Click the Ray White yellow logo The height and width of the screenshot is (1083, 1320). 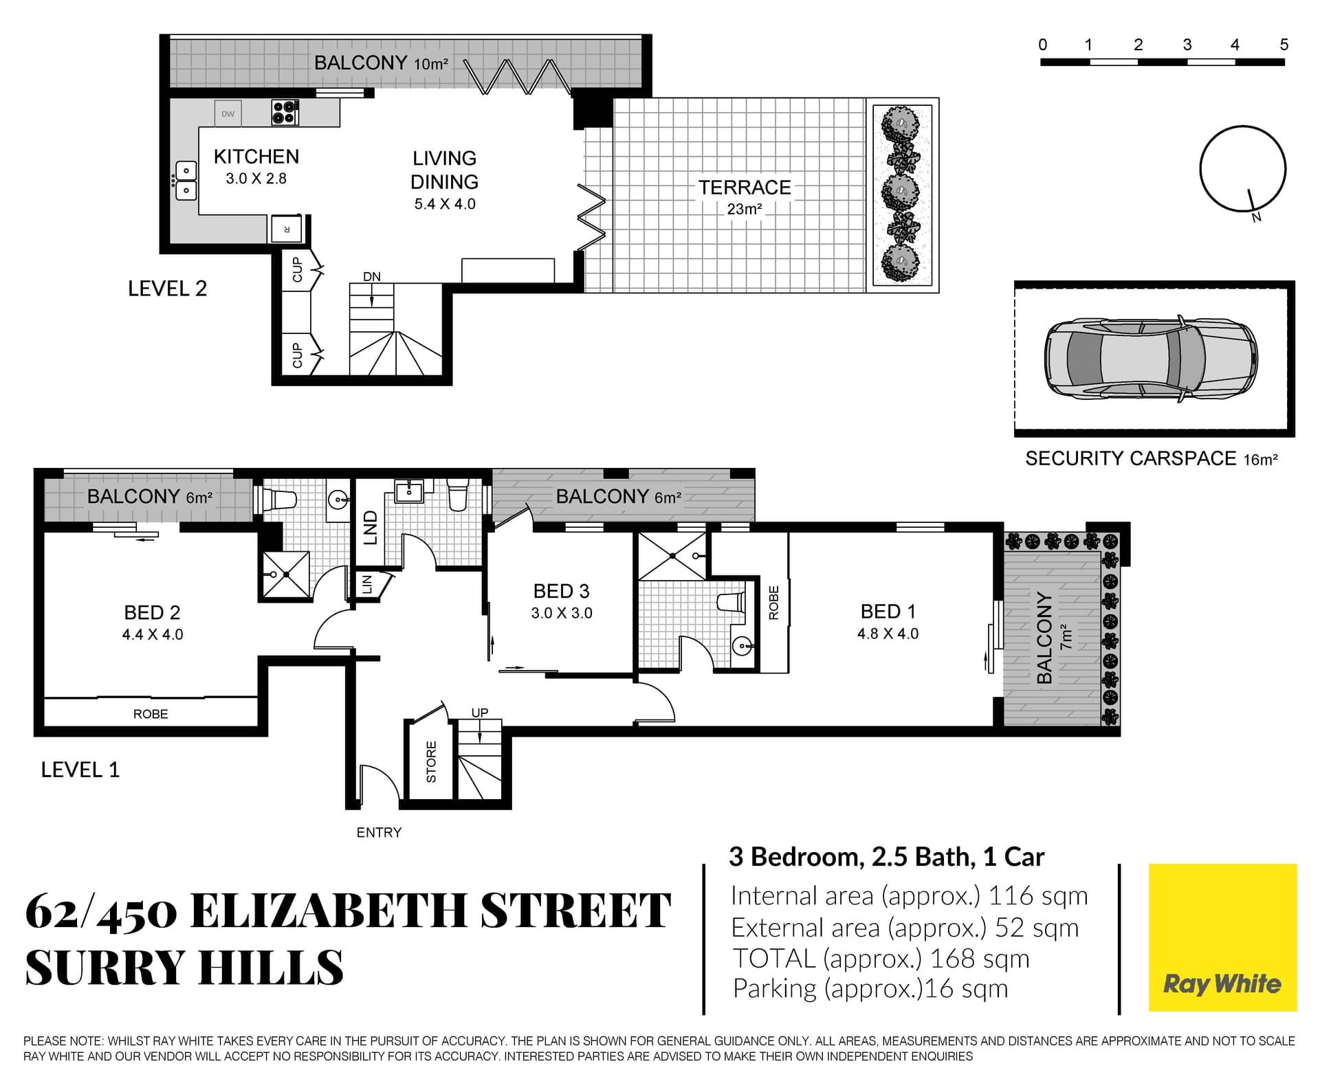click(x=1222, y=937)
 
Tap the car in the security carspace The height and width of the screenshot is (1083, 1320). click(x=1151, y=359)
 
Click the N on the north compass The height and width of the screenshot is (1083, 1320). click(x=1257, y=218)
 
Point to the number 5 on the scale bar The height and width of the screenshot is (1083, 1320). click(x=1284, y=45)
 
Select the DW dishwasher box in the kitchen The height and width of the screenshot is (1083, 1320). click(x=228, y=114)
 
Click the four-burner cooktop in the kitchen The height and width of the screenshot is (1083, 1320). click(x=285, y=112)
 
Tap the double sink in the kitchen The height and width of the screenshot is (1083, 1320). click(x=186, y=181)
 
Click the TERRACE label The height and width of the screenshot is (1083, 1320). click(x=745, y=188)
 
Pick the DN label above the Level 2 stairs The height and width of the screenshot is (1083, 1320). click(x=371, y=277)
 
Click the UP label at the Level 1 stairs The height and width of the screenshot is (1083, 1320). click(x=480, y=713)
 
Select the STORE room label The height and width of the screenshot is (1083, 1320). click(x=431, y=761)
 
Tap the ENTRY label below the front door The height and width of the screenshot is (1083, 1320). click(x=379, y=833)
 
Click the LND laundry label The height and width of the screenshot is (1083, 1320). click(x=371, y=528)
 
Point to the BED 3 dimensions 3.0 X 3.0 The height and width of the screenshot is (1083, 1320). click(x=562, y=613)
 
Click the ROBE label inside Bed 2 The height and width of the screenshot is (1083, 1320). click(x=151, y=714)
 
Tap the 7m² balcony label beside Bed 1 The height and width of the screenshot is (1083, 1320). click(x=1066, y=637)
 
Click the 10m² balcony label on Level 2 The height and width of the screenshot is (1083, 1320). click(x=431, y=64)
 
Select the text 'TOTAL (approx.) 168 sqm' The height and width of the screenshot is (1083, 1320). click(x=881, y=959)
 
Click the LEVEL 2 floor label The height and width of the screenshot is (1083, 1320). click(x=167, y=289)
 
